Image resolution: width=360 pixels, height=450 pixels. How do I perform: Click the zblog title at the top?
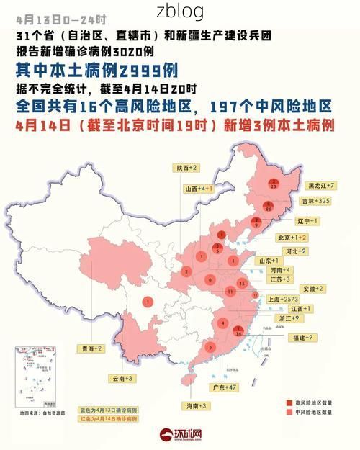coord(180,12)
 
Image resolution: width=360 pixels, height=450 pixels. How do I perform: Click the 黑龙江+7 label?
coord(321,185)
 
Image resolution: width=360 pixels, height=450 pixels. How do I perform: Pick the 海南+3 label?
coord(197,406)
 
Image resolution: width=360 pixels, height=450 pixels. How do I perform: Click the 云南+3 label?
coord(122,378)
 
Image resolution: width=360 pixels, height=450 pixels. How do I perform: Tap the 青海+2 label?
coord(91,348)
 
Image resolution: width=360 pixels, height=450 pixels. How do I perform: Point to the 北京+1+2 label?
coord(292,237)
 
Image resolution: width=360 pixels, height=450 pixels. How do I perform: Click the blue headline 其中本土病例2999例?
coord(96,71)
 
